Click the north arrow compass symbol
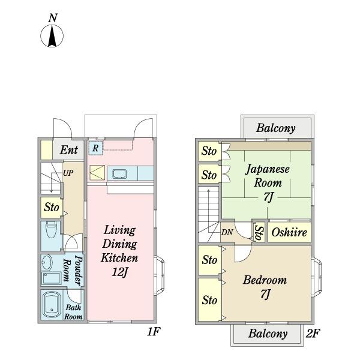52,36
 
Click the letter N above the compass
53,18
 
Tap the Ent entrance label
68,150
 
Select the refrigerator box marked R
95,148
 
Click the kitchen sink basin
119,174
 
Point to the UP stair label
68,173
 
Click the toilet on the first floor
51,230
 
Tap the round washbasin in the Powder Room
47,262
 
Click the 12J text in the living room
119,272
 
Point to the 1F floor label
154,331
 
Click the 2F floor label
313,333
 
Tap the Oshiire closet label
289,232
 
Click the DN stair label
227,232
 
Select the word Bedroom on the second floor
265,280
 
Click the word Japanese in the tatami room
268,170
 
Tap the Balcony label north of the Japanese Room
276,128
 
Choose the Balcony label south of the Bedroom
268,334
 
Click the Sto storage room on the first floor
52,208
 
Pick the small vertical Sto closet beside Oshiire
259,232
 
